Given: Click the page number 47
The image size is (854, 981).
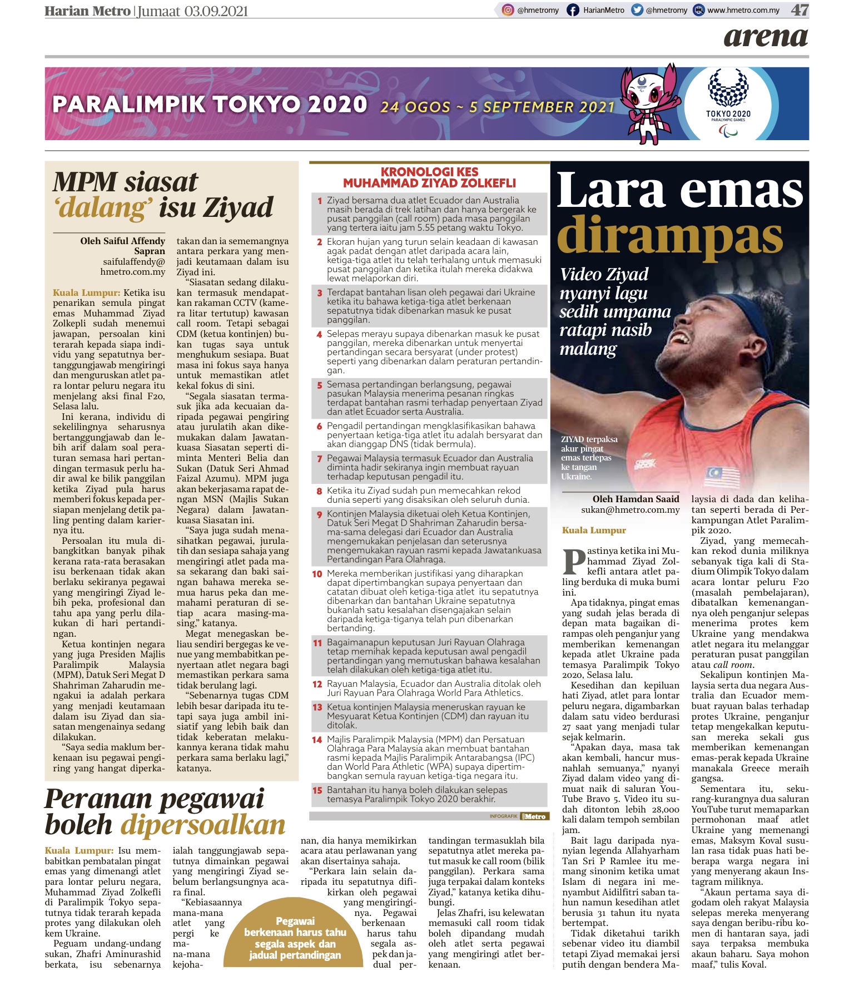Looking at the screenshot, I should tap(800, 10).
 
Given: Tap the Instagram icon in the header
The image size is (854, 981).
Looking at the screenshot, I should tap(508, 10).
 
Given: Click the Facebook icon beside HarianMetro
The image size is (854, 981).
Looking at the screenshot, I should tap(572, 10).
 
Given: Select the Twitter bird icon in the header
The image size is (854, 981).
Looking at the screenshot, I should tap(637, 10).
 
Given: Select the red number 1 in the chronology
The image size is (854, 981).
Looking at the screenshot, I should tap(320, 201).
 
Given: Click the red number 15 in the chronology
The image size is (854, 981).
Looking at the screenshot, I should tap(317, 790).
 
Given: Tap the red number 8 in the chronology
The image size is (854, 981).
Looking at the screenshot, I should tap(319, 491).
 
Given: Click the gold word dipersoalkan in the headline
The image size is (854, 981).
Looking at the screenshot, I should tap(204, 824).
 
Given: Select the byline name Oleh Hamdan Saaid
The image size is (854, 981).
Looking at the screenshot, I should tap(635, 499).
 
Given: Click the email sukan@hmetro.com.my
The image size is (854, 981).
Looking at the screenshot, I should tap(630, 509).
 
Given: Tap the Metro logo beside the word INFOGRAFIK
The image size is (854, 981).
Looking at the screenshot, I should tap(534, 816).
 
